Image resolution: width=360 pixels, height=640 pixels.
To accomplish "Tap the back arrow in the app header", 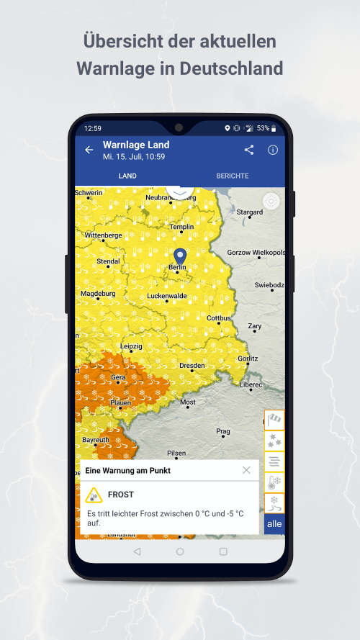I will point(89,150).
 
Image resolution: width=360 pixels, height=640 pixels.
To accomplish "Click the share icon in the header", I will point(249,150).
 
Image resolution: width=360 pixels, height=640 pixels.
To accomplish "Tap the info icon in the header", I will point(273,150).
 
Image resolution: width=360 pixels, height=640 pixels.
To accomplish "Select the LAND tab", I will point(127,176).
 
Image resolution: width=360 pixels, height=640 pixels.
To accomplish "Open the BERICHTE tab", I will point(233,176).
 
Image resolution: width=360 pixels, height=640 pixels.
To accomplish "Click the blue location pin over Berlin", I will point(180,256).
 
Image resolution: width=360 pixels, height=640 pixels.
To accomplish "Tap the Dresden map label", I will point(192,365).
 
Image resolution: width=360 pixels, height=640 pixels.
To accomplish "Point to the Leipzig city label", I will point(132,346).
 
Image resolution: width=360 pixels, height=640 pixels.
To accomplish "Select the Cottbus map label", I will point(219,317).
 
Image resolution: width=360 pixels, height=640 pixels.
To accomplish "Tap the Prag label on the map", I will point(223,431).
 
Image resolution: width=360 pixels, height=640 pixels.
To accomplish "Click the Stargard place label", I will point(250,212).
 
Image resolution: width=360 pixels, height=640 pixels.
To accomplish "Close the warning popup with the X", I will point(246,470).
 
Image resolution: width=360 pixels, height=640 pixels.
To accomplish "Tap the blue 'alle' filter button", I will point(274,523).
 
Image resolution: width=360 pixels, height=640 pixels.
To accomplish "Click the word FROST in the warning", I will point(121,495).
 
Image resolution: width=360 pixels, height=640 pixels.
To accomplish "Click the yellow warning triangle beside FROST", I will point(94,495).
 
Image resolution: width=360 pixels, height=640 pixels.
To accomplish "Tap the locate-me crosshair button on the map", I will point(271,201).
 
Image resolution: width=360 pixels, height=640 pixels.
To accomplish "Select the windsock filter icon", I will point(274,419).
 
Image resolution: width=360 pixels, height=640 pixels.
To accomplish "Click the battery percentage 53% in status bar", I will point(264,128).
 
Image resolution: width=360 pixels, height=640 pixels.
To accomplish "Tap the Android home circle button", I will point(180,551).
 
